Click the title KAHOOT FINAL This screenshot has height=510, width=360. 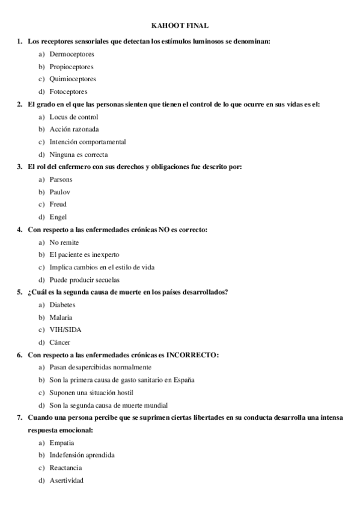click(180, 25)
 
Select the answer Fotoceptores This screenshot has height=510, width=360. click(69, 91)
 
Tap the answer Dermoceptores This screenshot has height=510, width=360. click(72, 54)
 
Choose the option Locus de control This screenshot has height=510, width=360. click(74, 117)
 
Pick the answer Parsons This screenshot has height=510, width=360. click(62, 179)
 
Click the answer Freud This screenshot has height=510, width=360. click(58, 204)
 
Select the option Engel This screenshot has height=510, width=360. click(58, 217)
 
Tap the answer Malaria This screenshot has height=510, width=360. click(61, 317)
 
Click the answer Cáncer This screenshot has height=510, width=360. click(61, 342)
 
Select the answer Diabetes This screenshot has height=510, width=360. click(63, 305)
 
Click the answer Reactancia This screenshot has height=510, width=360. click(66, 468)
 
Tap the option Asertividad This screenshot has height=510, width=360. click(67, 481)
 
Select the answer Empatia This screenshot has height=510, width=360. click(63, 443)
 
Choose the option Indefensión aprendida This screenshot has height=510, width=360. click(82, 455)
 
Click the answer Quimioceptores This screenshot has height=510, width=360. click(73, 79)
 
